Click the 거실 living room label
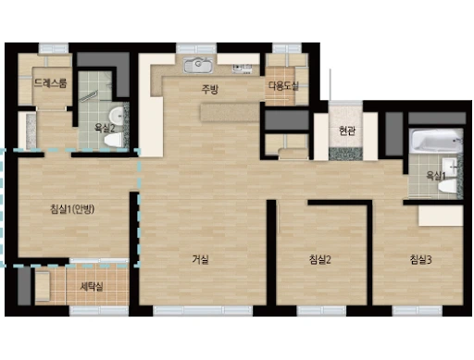[201, 260]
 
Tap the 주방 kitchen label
[209, 89]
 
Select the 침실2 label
[320, 260]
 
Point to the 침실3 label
[420, 260]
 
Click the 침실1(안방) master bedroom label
[72, 209]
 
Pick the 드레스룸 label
[50, 82]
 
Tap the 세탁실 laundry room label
[92, 287]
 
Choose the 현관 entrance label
[346, 131]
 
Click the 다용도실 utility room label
[283, 86]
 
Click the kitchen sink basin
[198, 65]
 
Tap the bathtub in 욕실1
[436, 141]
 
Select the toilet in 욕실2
[113, 141]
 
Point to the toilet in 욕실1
[447, 187]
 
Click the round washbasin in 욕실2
[117, 116]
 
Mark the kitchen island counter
[231, 113]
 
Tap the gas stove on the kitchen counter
[243, 68]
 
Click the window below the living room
[203, 311]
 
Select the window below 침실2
[321, 311]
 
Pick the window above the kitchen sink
[196, 48]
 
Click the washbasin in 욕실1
[449, 167]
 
